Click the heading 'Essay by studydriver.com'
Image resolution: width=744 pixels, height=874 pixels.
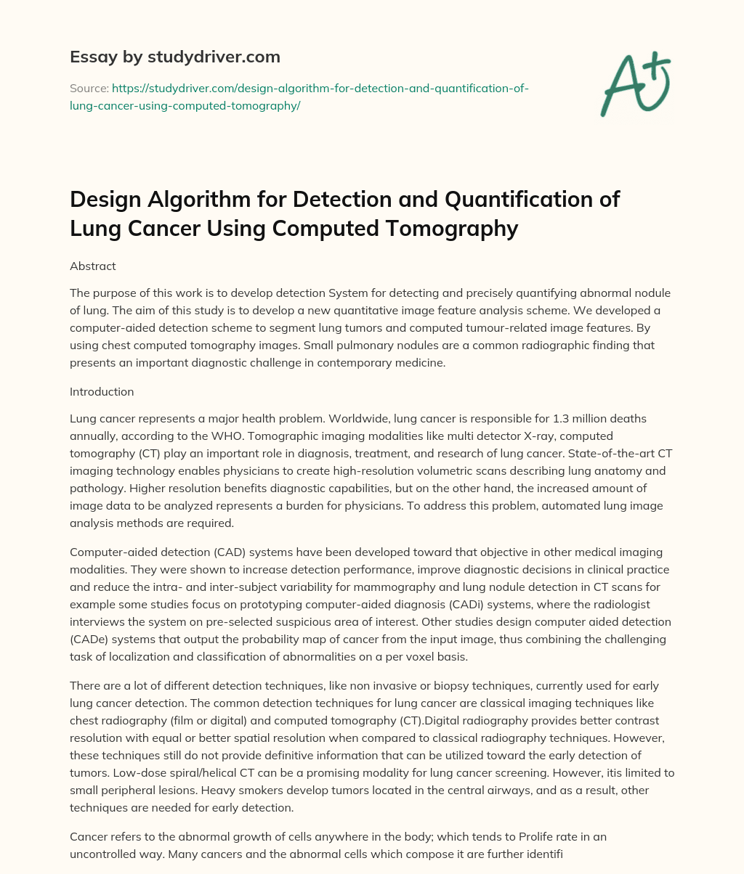174,57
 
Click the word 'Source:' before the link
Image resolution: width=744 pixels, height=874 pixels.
89,88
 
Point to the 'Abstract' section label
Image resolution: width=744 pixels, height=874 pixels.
92,266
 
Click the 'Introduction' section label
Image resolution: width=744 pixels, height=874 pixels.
102,391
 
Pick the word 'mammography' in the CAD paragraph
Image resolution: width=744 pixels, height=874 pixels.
428,587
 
